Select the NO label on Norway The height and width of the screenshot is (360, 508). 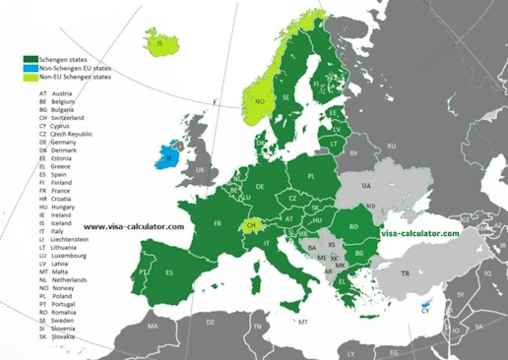(260, 101)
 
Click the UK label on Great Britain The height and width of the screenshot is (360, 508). (201, 170)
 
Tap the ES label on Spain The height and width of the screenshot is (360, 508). (169, 272)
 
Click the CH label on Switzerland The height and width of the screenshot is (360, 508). (252, 225)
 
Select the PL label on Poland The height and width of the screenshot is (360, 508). (312, 177)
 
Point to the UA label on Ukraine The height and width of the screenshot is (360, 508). (367, 185)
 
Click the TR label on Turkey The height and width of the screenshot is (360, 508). (404, 273)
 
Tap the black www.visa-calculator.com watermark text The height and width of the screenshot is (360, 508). (134, 226)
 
